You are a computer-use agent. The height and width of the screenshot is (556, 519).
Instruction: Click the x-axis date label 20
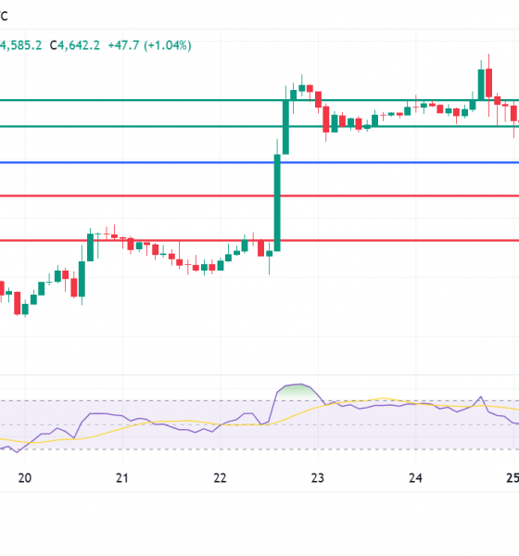click(25, 478)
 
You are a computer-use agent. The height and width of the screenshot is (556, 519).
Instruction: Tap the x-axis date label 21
click(121, 478)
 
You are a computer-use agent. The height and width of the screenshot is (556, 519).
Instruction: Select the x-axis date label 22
click(219, 478)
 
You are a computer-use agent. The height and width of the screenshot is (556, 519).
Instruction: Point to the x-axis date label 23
click(317, 478)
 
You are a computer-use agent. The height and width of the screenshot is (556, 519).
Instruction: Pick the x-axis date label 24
click(414, 478)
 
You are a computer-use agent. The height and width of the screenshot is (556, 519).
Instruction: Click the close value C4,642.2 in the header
click(75, 44)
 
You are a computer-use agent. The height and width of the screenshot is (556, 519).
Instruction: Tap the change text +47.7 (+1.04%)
click(149, 44)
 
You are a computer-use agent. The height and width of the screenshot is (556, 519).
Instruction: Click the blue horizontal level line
click(139, 162)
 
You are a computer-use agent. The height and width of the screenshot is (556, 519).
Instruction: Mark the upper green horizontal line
click(139, 99)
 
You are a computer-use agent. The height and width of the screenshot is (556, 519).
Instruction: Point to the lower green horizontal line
click(139, 126)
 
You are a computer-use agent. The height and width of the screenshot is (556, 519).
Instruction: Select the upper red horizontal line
click(139, 196)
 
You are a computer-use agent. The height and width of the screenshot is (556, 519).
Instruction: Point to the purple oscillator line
click(111, 413)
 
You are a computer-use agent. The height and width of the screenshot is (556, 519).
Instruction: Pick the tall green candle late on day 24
click(481, 82)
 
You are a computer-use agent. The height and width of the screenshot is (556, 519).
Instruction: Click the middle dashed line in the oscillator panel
click(185, 425)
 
